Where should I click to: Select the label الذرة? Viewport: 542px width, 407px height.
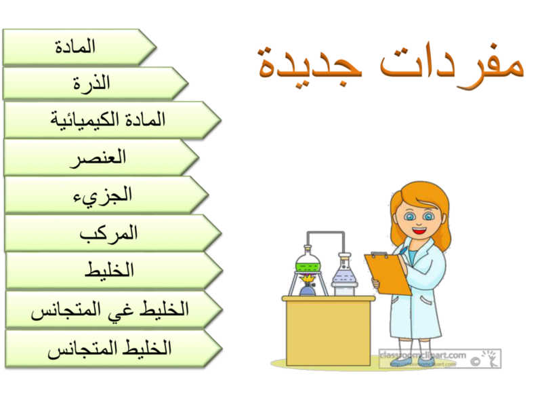[91, 84]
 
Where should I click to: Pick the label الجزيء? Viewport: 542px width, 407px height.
[102, 195]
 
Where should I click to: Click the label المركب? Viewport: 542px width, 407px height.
[108, 233]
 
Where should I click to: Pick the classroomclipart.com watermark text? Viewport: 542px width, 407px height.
[423, 354]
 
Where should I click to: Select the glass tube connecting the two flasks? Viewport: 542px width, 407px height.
[326, 233]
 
